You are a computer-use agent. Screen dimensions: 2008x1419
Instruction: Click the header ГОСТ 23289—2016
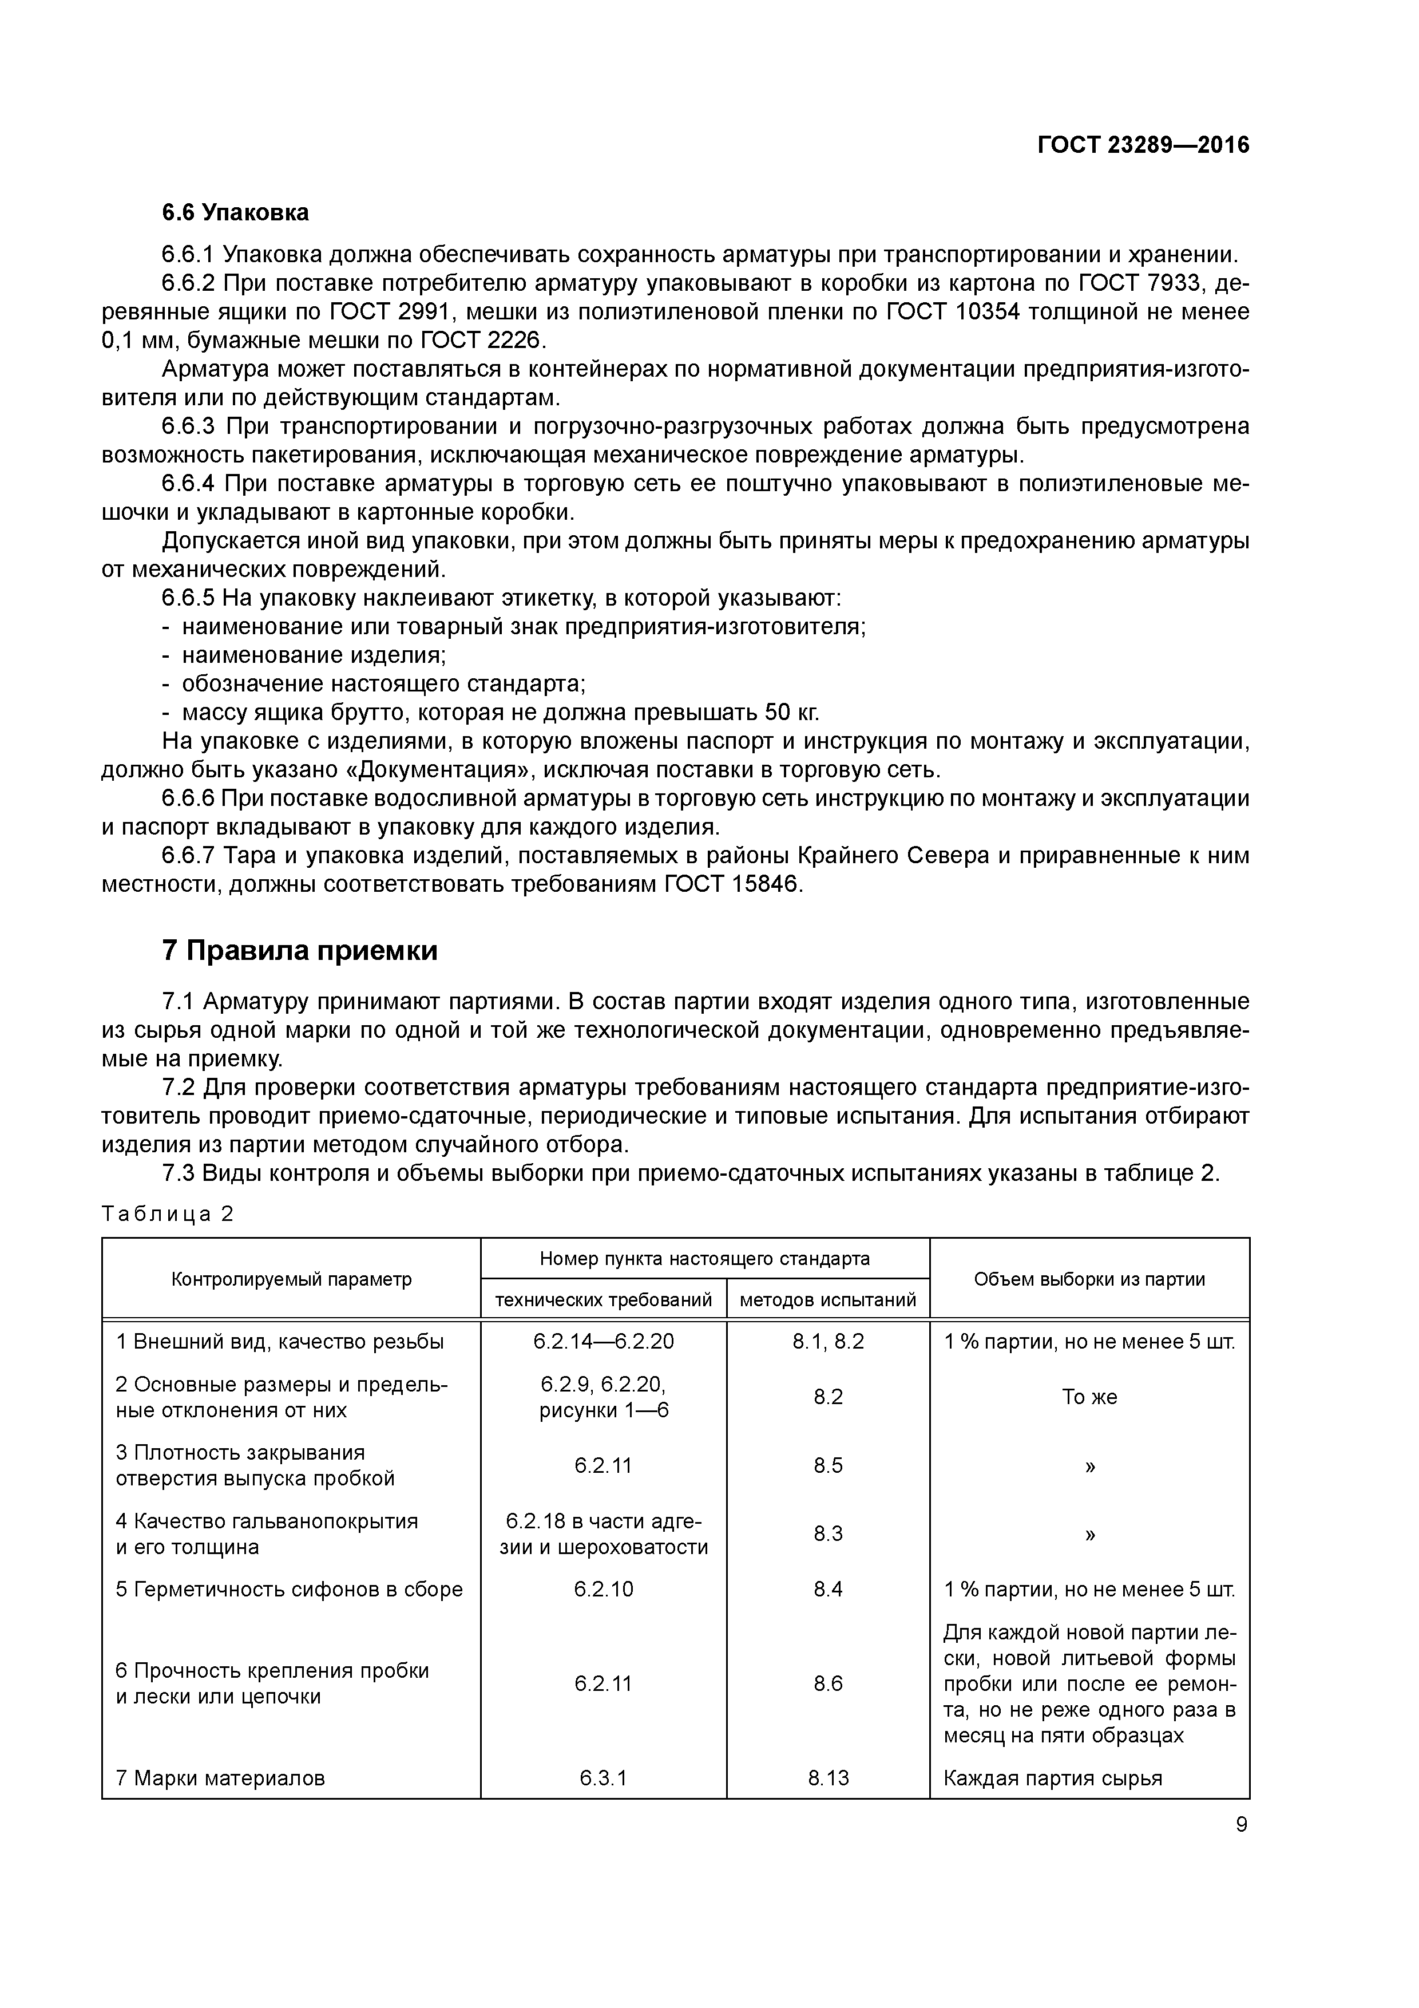[x=1143, y=145]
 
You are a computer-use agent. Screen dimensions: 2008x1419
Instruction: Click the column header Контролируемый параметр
[x=291, y=1279]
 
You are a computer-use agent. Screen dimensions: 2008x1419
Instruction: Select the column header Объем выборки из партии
[x=1089, y=1279]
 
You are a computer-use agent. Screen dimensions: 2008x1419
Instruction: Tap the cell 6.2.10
[x=603, y=1589]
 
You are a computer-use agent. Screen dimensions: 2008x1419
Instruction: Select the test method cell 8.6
[x=828, y=1683]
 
